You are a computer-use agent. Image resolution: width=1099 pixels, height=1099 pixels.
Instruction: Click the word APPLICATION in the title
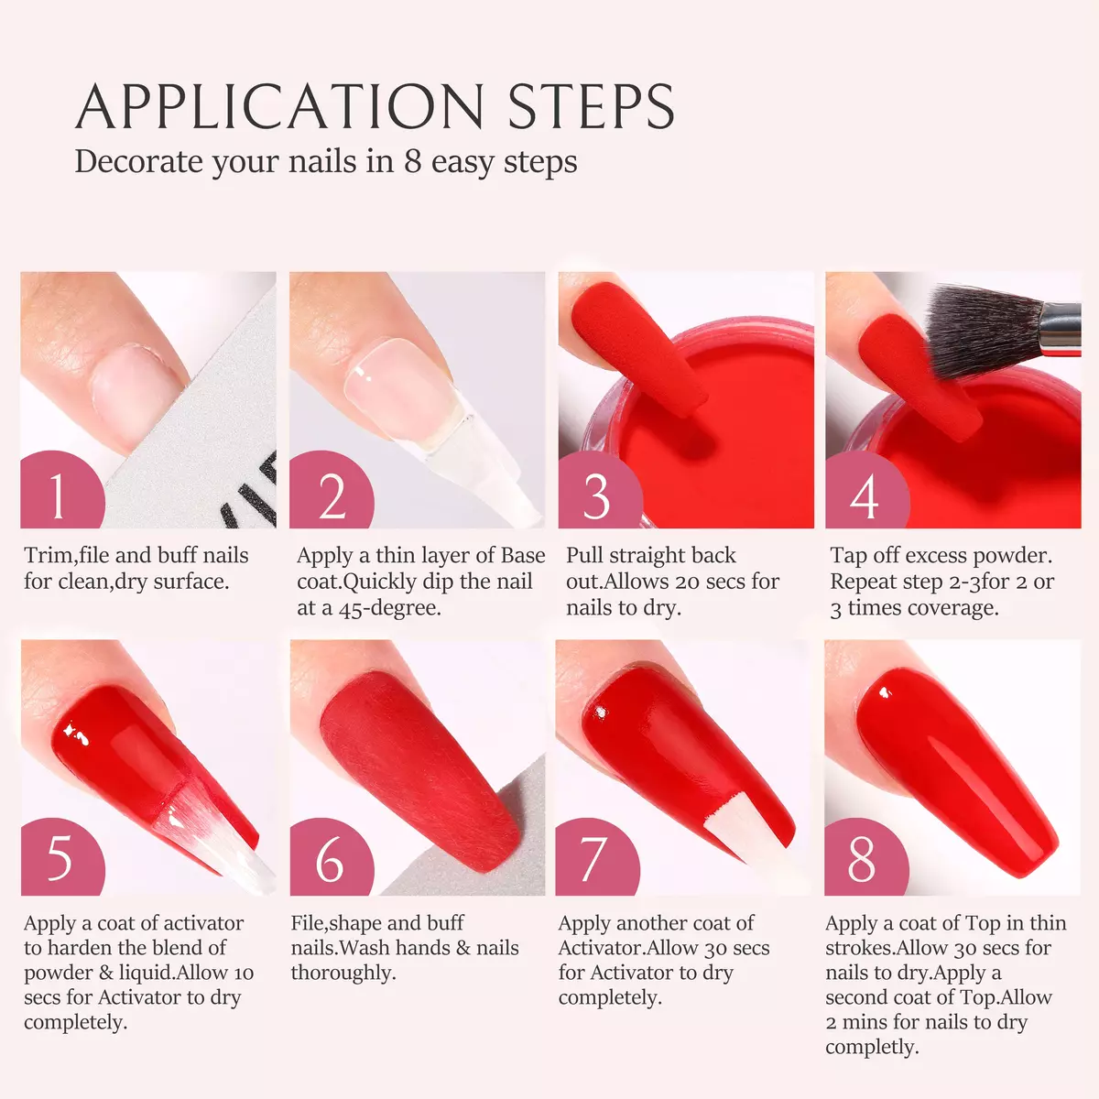[x=280, y=106]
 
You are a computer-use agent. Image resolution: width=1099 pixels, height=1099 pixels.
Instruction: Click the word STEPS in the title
[x=592, y=106]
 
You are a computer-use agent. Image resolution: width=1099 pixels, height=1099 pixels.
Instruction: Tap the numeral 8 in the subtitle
[x=413, y=161]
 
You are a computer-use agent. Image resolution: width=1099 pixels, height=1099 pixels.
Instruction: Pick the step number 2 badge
[x=331, y=489]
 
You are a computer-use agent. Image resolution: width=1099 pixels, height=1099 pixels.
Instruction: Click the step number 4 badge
[x=867, y=489]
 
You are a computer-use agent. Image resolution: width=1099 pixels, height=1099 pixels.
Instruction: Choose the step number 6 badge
[x=331, y=856]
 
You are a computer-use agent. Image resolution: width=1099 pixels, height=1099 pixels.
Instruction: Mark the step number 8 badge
[x=865, y=856]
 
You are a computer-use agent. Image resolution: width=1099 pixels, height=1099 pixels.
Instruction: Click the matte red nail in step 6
[x=420, y=770]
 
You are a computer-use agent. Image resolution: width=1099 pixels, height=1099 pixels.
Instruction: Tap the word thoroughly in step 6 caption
[x=343, y=973]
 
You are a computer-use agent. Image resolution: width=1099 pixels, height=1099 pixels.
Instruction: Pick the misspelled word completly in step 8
[x=872, y=1047]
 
